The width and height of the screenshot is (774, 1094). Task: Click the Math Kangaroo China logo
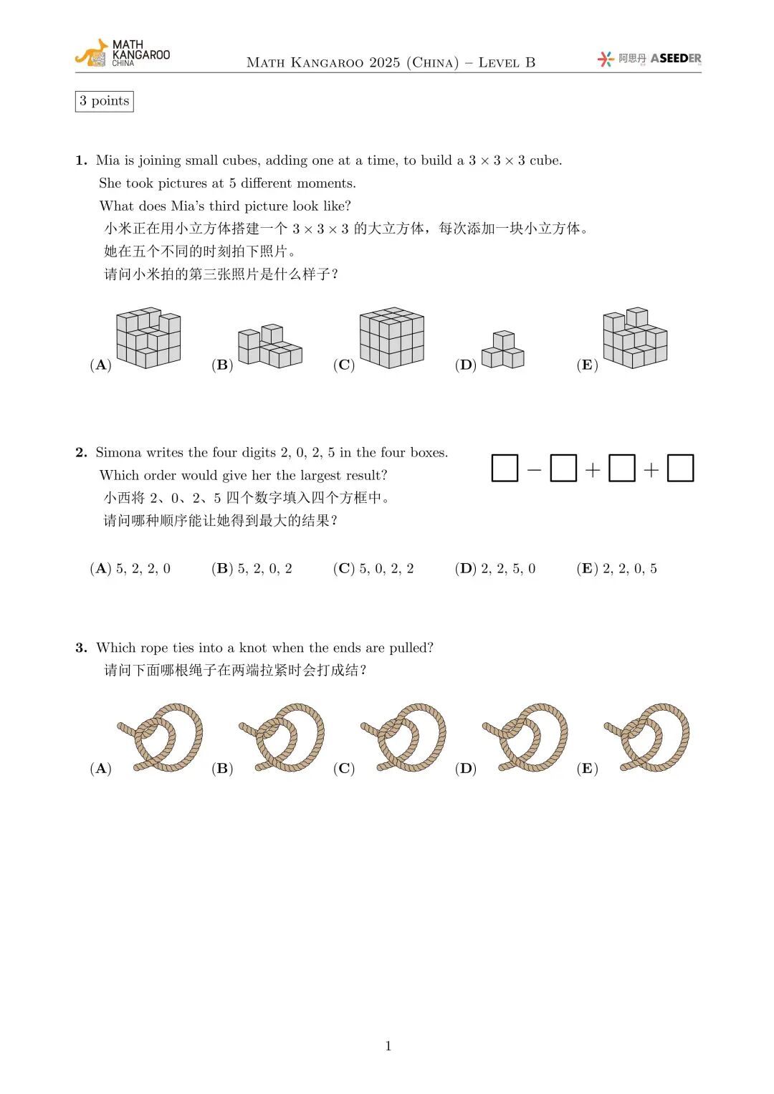pyautogui.click(x=122, y=54)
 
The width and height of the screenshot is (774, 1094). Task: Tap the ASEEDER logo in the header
pyautogui.click(x=649, y=59)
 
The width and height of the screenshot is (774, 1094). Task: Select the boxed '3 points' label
pyautogui.click(x=105, y=101)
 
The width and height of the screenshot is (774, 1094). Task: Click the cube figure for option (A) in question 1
pyautogui.click(x=148, y=338)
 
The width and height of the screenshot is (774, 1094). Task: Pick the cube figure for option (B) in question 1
pyautogui.click(x=269, y=346)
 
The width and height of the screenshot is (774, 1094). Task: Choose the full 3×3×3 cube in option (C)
pyautogui.click(x=391, y=338)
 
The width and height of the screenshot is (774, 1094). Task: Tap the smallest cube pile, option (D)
pyautogui.click(x=502, y=350)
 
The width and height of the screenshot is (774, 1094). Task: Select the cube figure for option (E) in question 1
pyautogui.click(x=635, y=338)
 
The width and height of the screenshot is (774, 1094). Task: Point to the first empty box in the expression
pyautogui.click(x=505, y=469)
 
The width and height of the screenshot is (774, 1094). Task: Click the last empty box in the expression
pyautogui.click(x=680, y=469)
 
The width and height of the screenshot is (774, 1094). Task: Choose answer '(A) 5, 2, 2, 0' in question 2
pyautogui.click(x=130, y=569)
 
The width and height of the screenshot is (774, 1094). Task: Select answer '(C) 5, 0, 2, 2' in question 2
pyautogui.click(x=373, y=569)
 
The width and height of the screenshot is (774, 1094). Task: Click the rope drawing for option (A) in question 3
pyautogui.click(x=161, y=738)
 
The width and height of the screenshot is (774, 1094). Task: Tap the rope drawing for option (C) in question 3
pyautogui.click(x=404, y=738)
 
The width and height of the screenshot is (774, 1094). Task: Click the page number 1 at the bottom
pyautogui.click(x=388, y=1046)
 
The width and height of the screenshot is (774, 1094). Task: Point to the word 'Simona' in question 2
pyautogui.click(x=119, y=453)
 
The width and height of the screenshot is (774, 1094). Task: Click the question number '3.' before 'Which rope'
pyautogui.click(x=81, y=648)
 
